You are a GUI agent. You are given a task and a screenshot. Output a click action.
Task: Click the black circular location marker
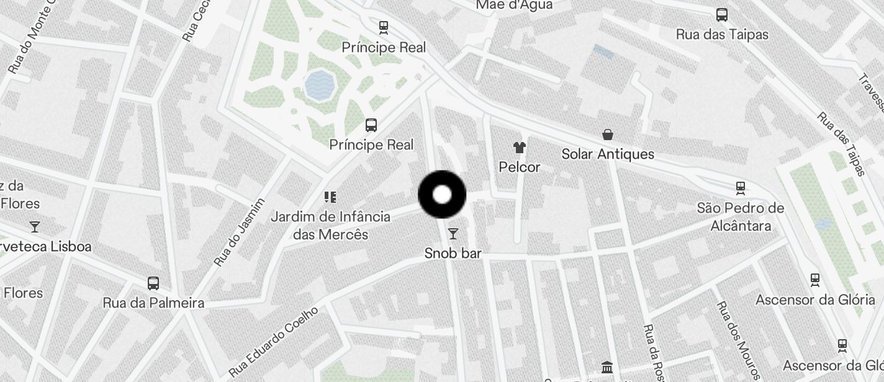[x=442, y=195]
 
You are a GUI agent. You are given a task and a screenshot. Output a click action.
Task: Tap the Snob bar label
[x=453, y=253]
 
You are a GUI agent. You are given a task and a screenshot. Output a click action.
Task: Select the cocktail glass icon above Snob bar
[x=453, y=234]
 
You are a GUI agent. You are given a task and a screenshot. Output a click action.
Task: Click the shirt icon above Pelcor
[x=520, y=148]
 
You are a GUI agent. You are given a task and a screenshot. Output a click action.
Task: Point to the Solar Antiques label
[x=608, y=154]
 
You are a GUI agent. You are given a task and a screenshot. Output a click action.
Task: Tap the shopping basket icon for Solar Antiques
[x=608, y=135]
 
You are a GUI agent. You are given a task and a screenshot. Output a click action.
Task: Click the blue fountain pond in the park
[x=320, y=85]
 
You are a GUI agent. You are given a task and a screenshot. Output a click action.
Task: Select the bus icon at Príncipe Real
[x=371, y=125]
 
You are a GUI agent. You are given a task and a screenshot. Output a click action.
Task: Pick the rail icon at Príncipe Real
[x=384, y=27]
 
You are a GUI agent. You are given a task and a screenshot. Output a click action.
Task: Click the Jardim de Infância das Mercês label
[x=331, y=225]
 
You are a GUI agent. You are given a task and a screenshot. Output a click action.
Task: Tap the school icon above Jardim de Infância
[x=330, y=197]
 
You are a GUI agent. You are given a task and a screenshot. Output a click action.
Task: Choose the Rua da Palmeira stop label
[x=153, y=303]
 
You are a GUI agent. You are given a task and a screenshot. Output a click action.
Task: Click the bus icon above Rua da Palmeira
[x=153, y=283]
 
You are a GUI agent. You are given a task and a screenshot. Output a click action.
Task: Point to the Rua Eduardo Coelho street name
[x=273, y=342]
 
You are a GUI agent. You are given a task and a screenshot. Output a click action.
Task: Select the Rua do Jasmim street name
[x=240, y=232]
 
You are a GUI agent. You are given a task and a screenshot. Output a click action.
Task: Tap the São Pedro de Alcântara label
[x=740, y=216]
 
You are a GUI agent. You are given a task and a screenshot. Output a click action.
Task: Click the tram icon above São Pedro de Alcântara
[x=740, y=187]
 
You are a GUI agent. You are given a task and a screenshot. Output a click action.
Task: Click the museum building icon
[x=607, y=367]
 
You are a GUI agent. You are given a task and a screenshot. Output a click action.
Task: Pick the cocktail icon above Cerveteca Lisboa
[x=35, y=227]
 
